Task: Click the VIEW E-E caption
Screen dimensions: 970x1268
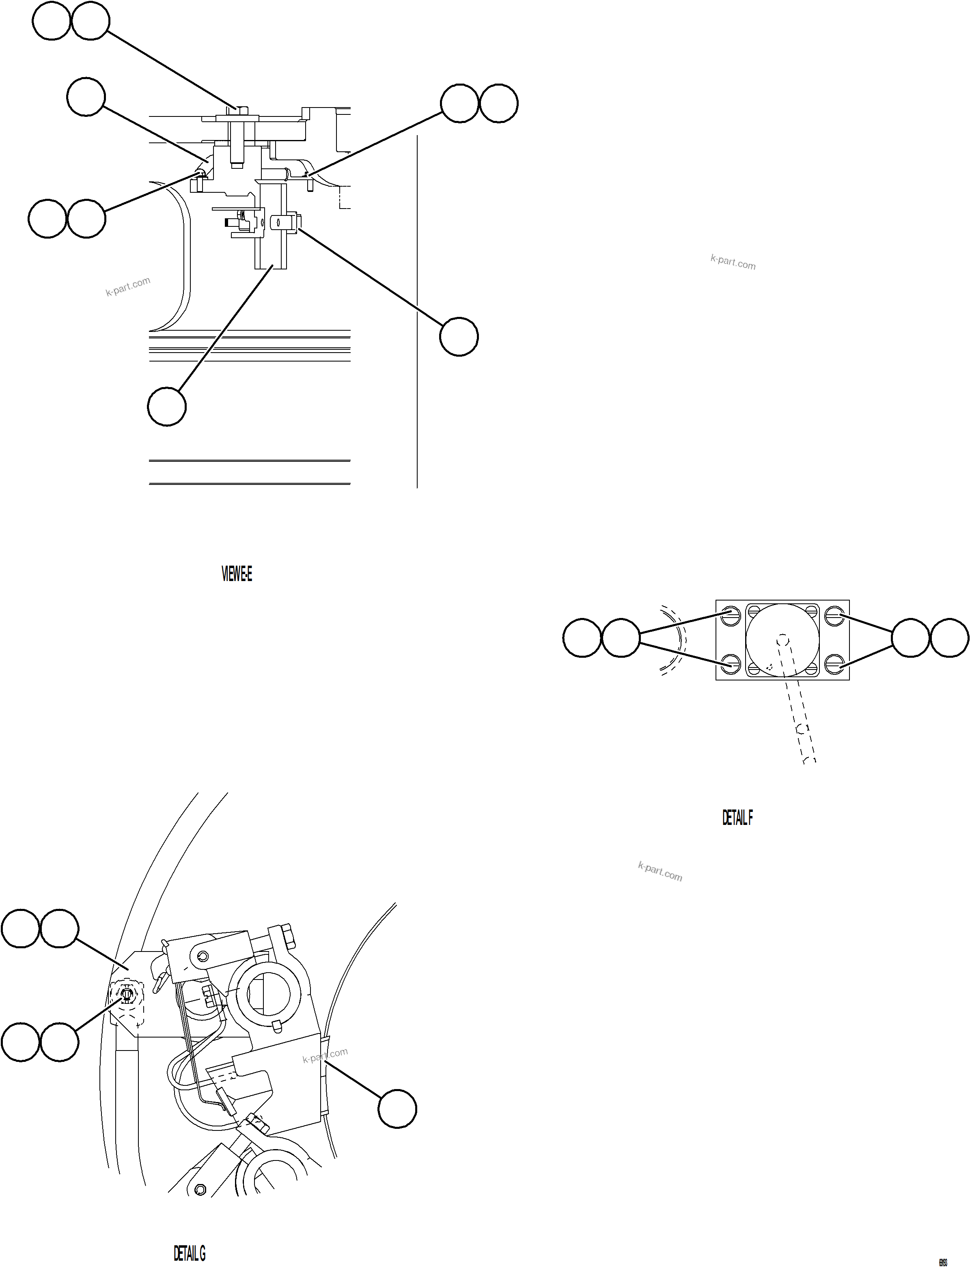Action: (237, 574)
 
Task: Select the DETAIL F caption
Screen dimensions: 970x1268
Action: (737, 818)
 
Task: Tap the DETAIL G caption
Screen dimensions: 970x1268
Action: (190, 1253)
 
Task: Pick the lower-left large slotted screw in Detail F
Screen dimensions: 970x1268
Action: (731, 664)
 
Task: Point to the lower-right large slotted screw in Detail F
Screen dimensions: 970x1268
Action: (833, 664)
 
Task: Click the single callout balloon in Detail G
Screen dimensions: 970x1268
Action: (397, 1109)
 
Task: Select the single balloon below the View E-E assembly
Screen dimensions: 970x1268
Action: (167, 407)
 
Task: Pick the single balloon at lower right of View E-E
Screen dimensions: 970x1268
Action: (459, 336)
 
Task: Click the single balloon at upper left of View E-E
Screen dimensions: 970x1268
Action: (86, 97)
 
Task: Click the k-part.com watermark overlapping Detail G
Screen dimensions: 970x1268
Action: (325, 1056)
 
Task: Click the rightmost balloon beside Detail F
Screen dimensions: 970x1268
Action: (949, 638)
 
